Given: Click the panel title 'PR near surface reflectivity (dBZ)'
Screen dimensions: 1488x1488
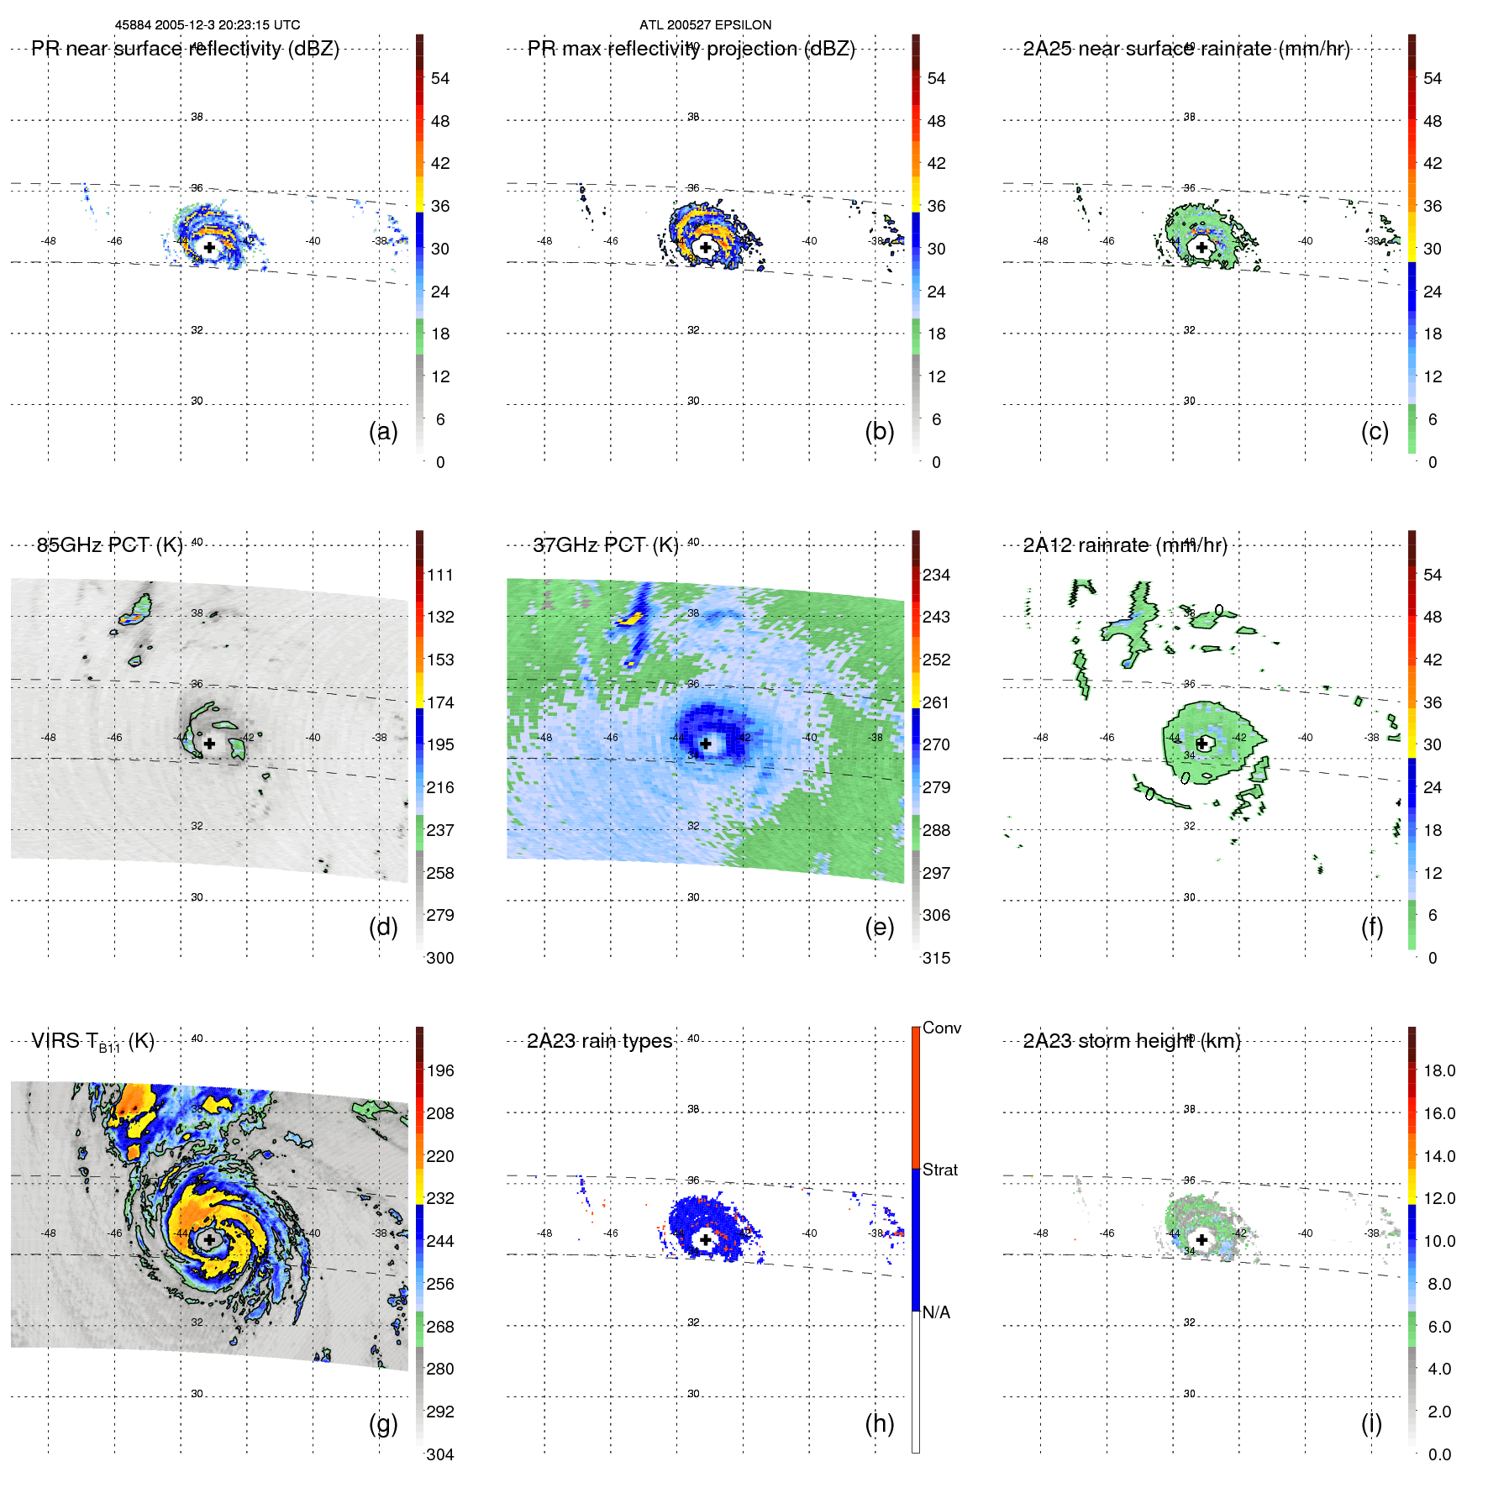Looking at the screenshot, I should pyautogui.click(x=185, y=49).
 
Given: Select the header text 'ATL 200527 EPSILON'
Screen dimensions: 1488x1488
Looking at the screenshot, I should pyautogui.click(x=705, y=25).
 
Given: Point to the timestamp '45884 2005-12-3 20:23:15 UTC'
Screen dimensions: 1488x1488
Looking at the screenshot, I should pyautogui.click(x=208, y=25).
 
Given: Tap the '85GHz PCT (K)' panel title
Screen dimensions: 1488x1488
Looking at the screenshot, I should pyautogui.click(x=109, y=545).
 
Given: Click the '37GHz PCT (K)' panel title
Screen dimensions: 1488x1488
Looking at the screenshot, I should pyautogui.click(x=606, y=545).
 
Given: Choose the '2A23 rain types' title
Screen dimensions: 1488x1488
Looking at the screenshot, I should pyautogui.click(x=599, y=1041).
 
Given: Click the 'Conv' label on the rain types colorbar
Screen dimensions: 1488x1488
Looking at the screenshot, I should pyautogui.click(x=941, y=1028).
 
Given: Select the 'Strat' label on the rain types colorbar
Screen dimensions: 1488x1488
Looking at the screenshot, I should pyautogui.click(x=939, y=1170).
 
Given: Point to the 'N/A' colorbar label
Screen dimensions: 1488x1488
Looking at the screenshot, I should pyautogui.click(x=936, y=1312).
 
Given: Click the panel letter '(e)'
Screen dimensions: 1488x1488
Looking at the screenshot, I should pyautogui.click(x=879, y=927).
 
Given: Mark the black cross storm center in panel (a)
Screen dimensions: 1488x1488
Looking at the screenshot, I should pyautogui.click(x=209, y=247).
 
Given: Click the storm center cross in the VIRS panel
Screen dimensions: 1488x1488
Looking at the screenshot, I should pyautogui.click(x=209, y=1239).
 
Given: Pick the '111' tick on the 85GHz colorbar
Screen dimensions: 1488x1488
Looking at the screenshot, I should pyautogui.click(x=439, y=575).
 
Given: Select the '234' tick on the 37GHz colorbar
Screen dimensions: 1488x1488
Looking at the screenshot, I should pyautogui.click(x=936, y=575).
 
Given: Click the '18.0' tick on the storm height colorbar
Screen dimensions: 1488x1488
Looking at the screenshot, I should pyautogui.click(x=1438, y=1070).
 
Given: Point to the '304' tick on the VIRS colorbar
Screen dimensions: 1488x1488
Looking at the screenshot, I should pyautogui.click(x=439, y=1454).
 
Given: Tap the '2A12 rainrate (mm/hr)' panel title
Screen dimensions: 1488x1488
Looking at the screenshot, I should pyautogui.click(x=1124, y=545).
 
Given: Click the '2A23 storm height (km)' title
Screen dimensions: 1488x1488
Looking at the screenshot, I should pyautogui.click(x=1131, y=1041).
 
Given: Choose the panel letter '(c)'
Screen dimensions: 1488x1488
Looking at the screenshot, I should pyautogui.click(x=1375, y=431).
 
